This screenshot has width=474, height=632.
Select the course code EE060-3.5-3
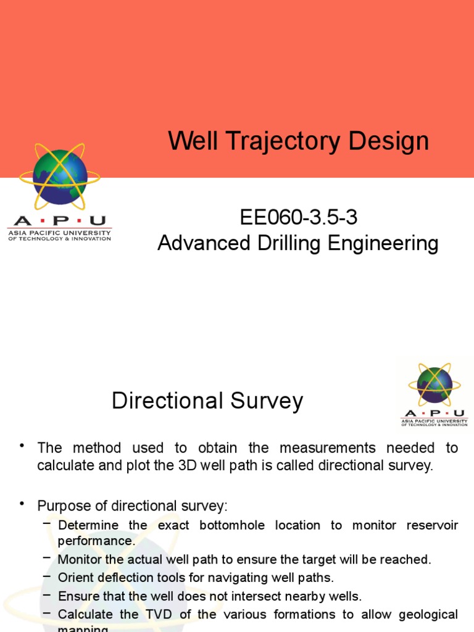298,218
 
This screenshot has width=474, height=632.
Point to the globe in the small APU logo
434,385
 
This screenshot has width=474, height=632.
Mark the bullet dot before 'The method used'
22,446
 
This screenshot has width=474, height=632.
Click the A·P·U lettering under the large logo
59,221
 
